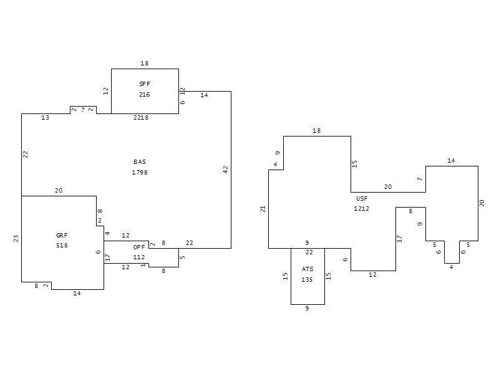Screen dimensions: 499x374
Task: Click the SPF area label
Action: (145, 84)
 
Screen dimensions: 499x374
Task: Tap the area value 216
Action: (145, 95)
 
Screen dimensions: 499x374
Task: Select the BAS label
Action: (140, 162)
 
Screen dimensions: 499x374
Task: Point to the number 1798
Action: (140, 173)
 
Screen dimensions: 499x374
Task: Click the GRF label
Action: (62, 236)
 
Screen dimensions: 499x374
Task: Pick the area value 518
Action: (62, 246)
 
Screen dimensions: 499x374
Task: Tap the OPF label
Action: (139, 247)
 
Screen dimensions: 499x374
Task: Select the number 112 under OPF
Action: (139, 257)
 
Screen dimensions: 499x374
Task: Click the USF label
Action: (362, 198)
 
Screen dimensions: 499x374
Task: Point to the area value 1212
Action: (362, 209)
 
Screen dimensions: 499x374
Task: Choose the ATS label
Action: (308, 269)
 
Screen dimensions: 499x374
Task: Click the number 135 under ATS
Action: (307, 279)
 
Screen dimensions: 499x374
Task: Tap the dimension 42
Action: (226, 170)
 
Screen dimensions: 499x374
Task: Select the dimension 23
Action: (16, 239)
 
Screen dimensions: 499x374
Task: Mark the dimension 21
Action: (263, 209)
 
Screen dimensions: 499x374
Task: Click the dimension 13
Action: (45, 118)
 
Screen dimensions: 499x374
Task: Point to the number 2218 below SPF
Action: (141, 118)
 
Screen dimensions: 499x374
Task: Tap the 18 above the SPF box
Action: (145, 64)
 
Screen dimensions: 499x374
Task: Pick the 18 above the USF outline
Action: (317, 131)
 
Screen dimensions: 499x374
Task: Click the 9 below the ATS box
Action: (307, 308)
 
